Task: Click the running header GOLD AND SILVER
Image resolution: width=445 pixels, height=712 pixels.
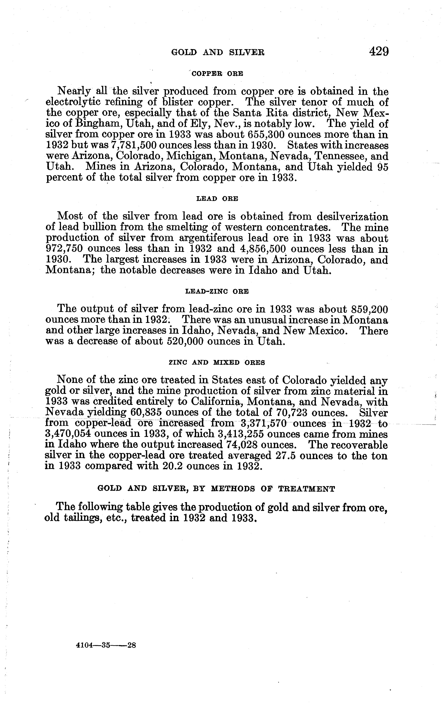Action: tap(218, 53)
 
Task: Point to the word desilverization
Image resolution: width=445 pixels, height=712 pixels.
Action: tap(353, 217)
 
